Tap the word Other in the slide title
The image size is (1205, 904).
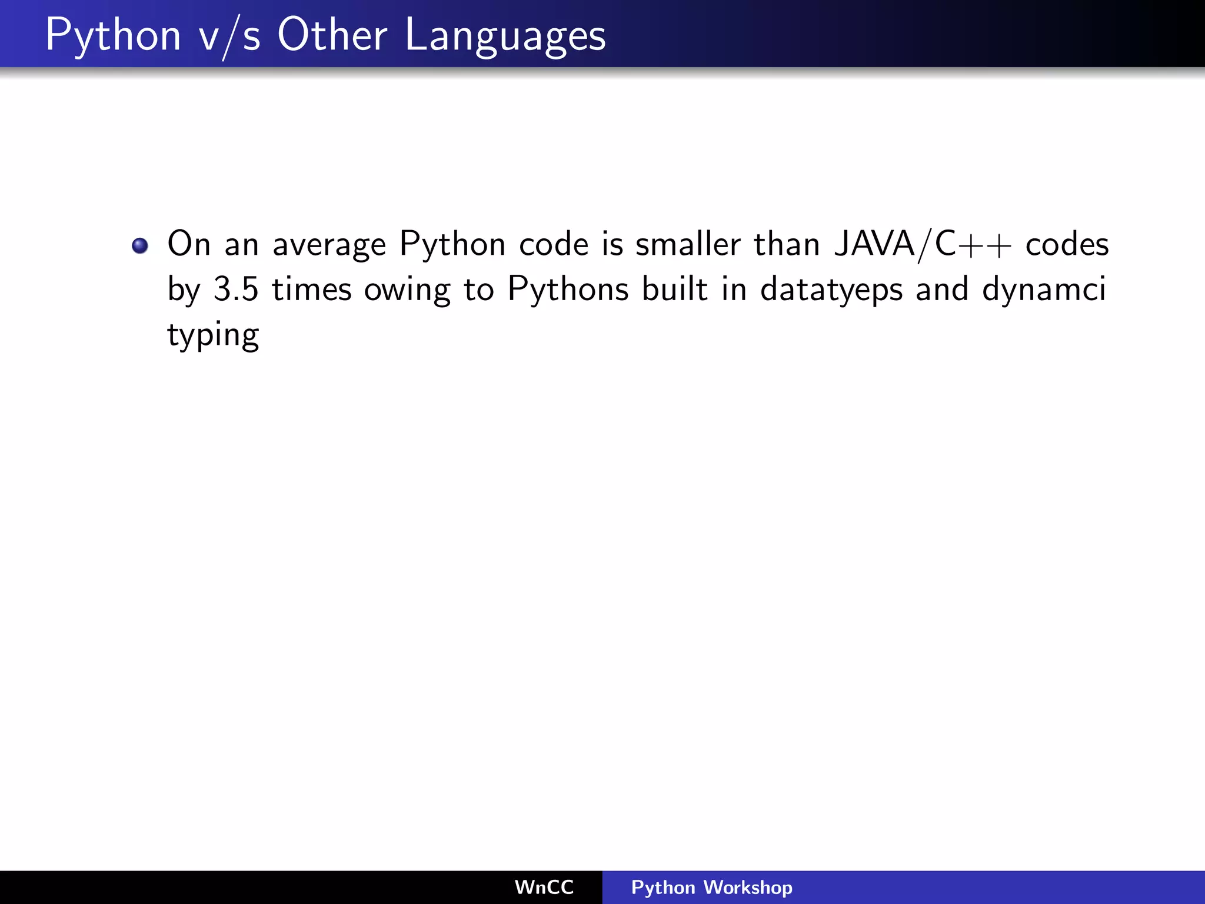point(332,35)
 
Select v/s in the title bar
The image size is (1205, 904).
point(229,36)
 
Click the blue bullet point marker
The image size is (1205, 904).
point(140,245)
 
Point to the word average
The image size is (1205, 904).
point(329,245)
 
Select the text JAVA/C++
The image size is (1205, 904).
point(923,244)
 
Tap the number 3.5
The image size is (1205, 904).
point(236,290)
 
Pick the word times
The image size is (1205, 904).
point(311,290)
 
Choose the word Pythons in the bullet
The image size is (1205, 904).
point(568,290)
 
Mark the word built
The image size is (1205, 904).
point(674,290)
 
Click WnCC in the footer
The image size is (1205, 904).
point(544,888)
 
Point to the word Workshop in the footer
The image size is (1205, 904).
point(748,888)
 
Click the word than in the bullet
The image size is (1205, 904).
point(787,244)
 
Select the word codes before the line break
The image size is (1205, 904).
point(1067,245)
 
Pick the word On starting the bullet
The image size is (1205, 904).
point(189,244)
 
